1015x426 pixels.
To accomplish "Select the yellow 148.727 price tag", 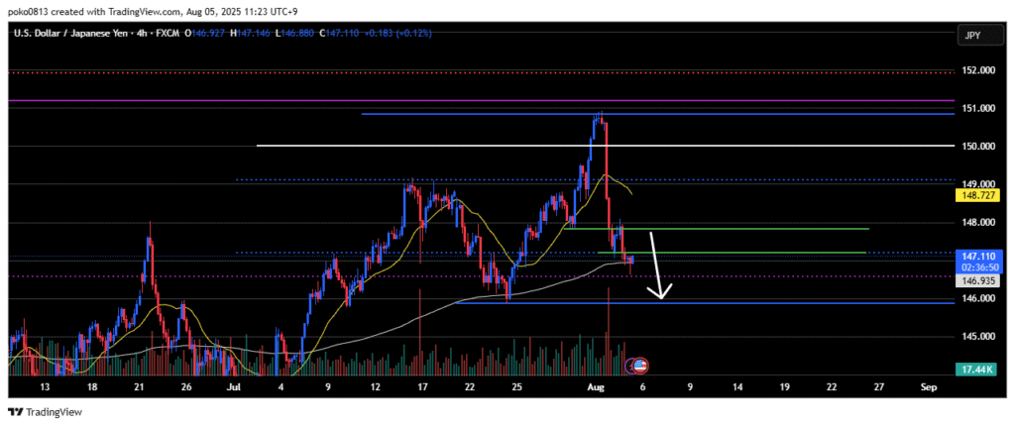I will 974,196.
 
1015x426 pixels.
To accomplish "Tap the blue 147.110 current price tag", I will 974,255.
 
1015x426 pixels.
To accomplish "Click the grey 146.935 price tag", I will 974,281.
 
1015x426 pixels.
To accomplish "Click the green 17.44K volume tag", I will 974,369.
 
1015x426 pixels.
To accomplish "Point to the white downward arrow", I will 658,266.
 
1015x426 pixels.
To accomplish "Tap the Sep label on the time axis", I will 927,387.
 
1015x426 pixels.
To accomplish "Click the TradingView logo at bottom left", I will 47,412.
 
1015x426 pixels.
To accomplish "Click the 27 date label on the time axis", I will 876,387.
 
